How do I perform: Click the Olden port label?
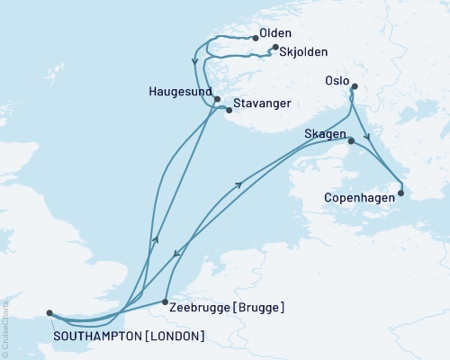[x=274, y=34]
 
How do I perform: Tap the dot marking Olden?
[x=255, y=37]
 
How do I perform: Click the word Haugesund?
[x=180, y=91]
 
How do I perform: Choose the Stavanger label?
[x=262, y=103]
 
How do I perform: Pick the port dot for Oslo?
[x=354, y=87]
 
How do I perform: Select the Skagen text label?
[x=325, y=133]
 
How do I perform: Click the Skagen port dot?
[x=350, y=140]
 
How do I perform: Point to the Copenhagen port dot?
[x=400, y=192]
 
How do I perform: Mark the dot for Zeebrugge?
[x=165, y=302]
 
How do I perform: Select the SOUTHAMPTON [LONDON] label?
[x=128, y=336]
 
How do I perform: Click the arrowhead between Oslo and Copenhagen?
[x=366, y=138]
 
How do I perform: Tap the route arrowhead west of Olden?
[x=194, y=63]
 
